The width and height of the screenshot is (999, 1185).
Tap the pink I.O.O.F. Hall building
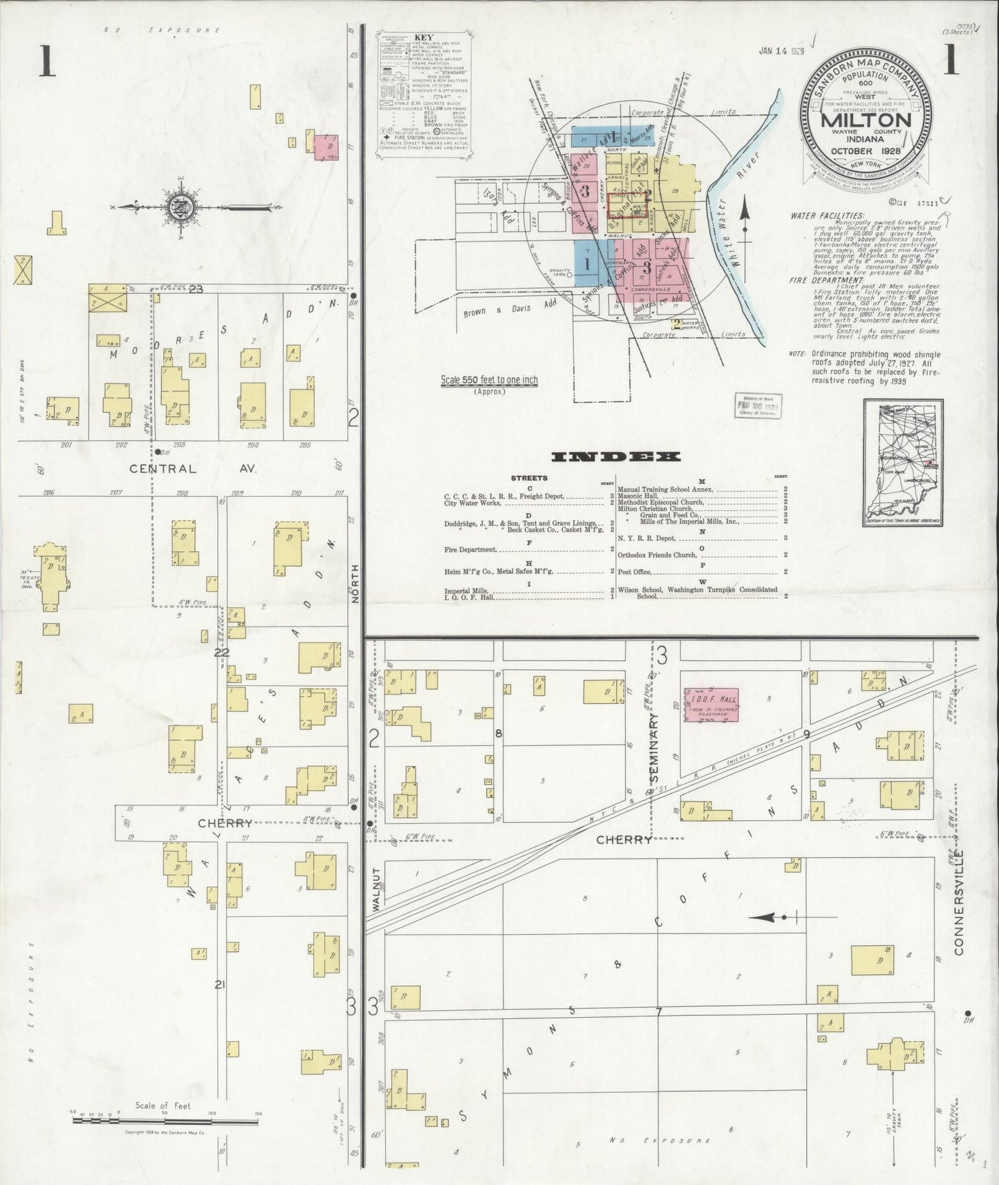711,705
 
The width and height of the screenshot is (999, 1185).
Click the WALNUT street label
376,891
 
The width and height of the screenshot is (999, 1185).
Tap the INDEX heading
616,456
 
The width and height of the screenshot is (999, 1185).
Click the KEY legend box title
424,37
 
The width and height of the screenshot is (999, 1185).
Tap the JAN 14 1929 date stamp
780,50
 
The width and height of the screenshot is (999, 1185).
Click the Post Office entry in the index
636,572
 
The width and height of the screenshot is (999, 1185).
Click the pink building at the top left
327,147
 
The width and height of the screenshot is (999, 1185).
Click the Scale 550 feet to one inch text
489,380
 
